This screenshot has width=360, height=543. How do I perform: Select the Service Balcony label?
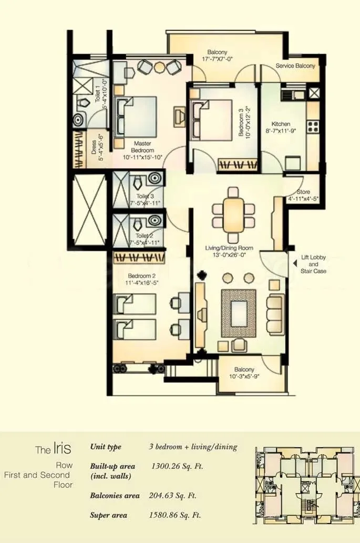pos(295,66)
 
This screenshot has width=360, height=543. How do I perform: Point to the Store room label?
pos(303,192)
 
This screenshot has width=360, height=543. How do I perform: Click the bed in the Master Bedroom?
pos(137,116)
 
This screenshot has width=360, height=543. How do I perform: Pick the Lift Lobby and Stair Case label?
pos(313,264)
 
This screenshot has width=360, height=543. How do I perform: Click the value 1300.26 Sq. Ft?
pos(177,466)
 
